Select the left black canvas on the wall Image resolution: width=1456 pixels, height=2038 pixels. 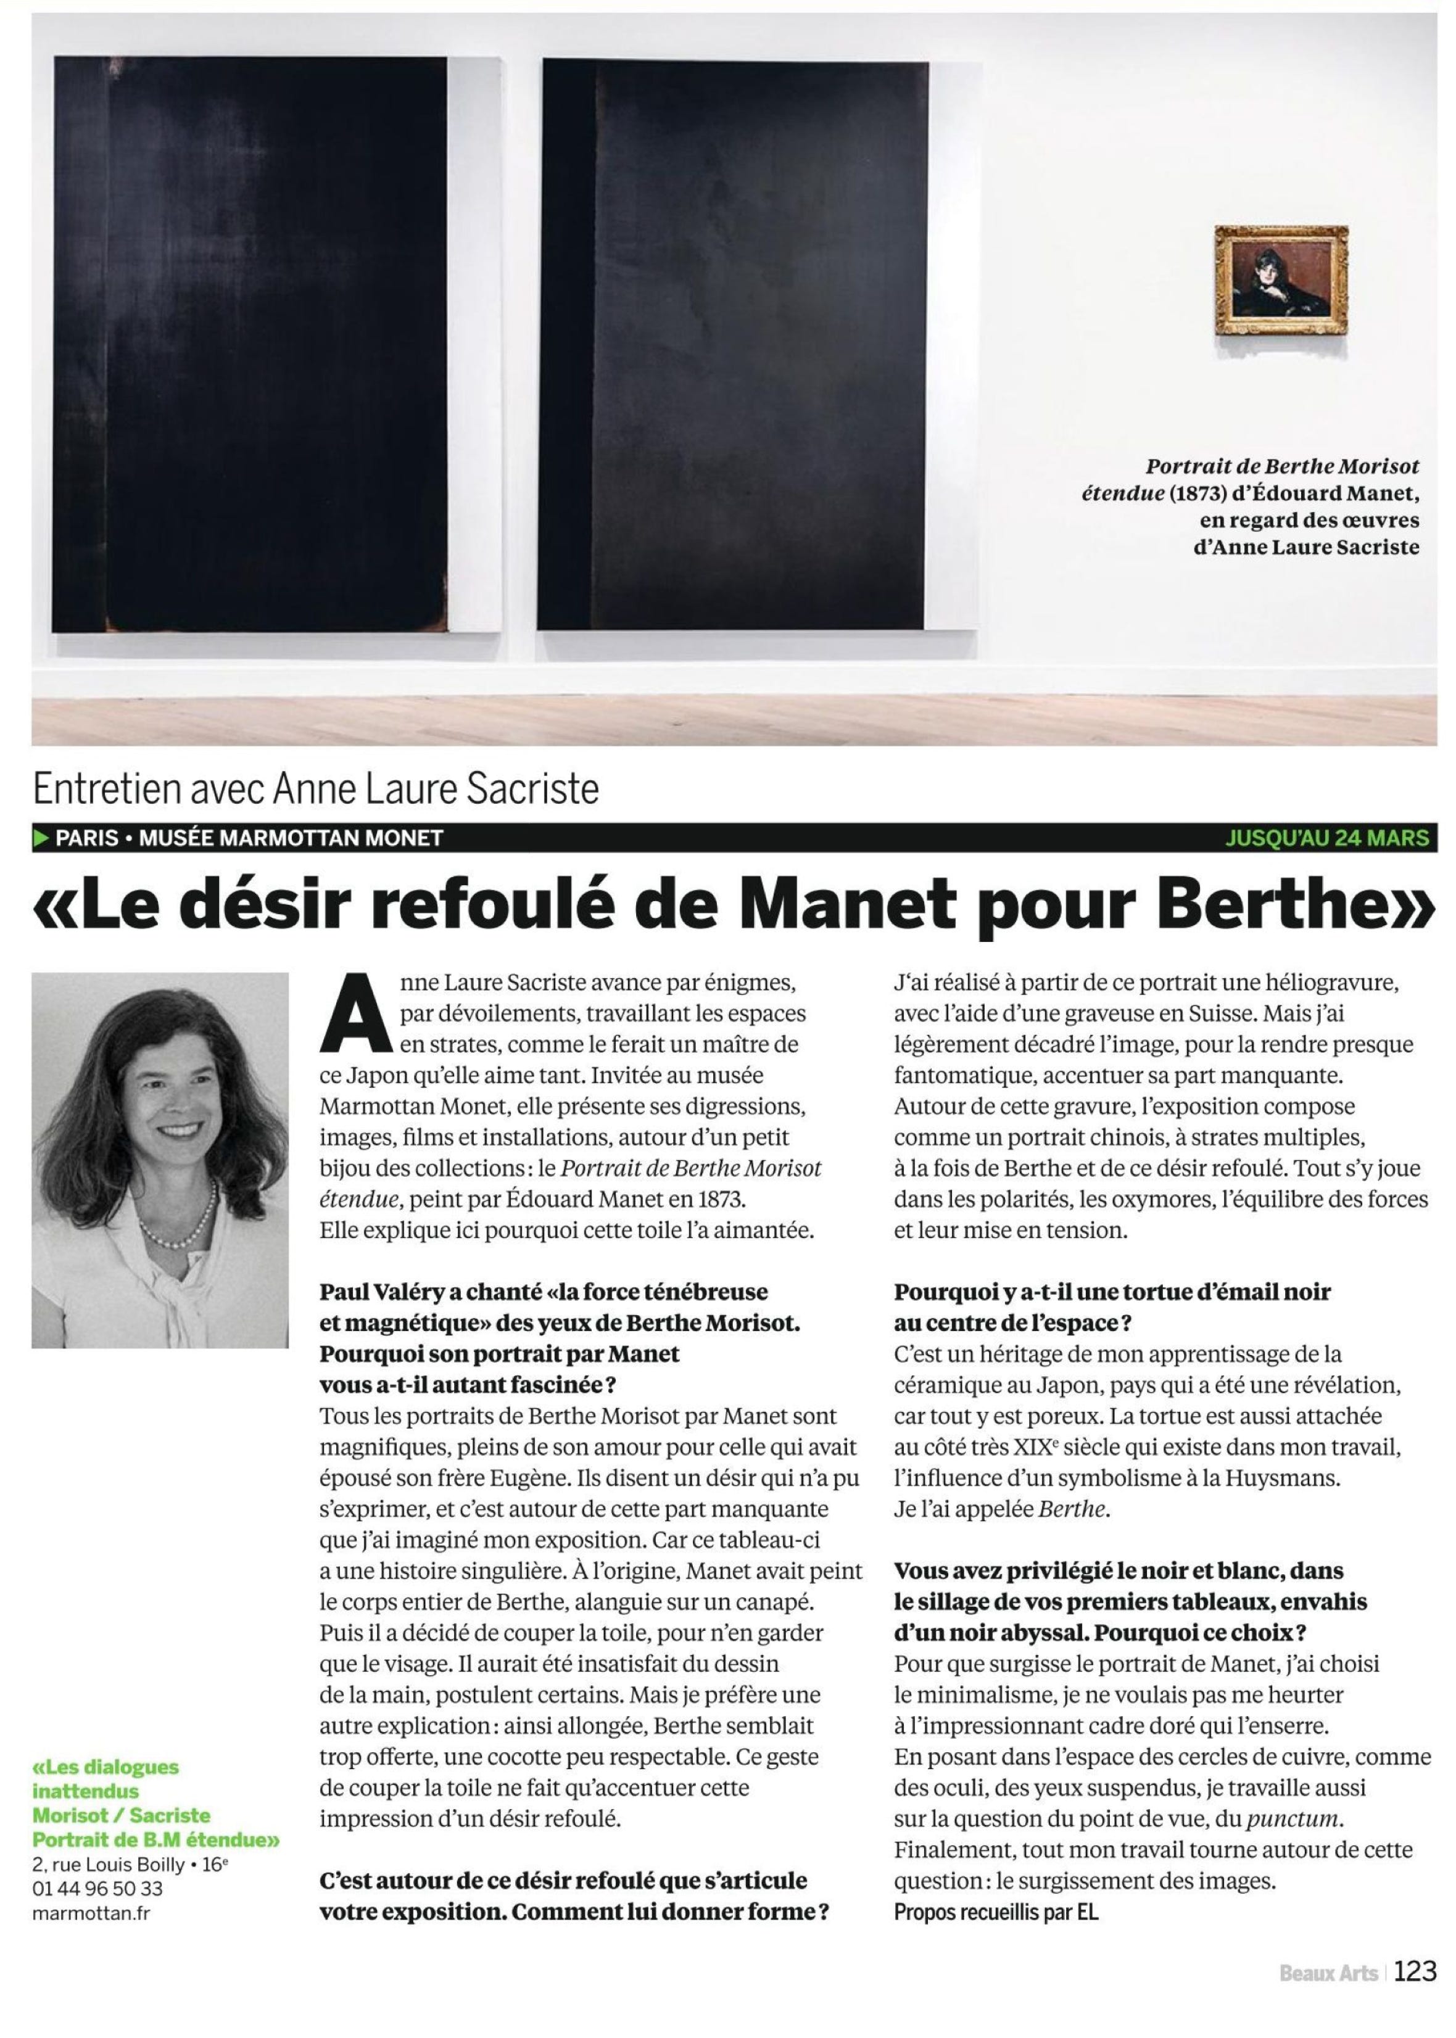251,345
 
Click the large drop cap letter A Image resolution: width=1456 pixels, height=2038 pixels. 356,1015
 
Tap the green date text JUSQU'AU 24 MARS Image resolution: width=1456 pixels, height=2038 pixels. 1327,838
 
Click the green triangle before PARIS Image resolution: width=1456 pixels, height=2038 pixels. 40,838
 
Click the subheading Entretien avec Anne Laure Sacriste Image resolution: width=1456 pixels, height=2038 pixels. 316,790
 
